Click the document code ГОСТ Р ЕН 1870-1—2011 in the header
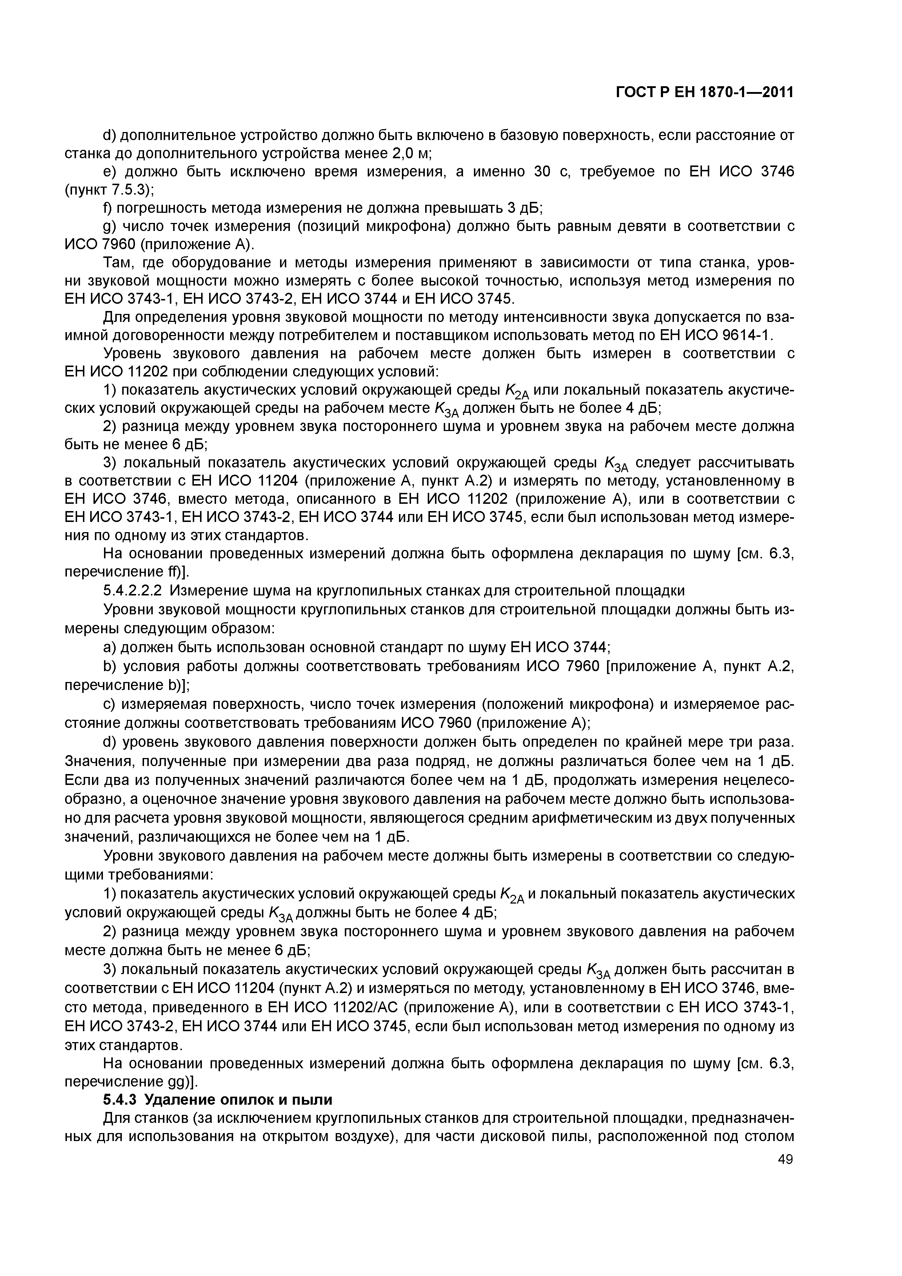705,92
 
